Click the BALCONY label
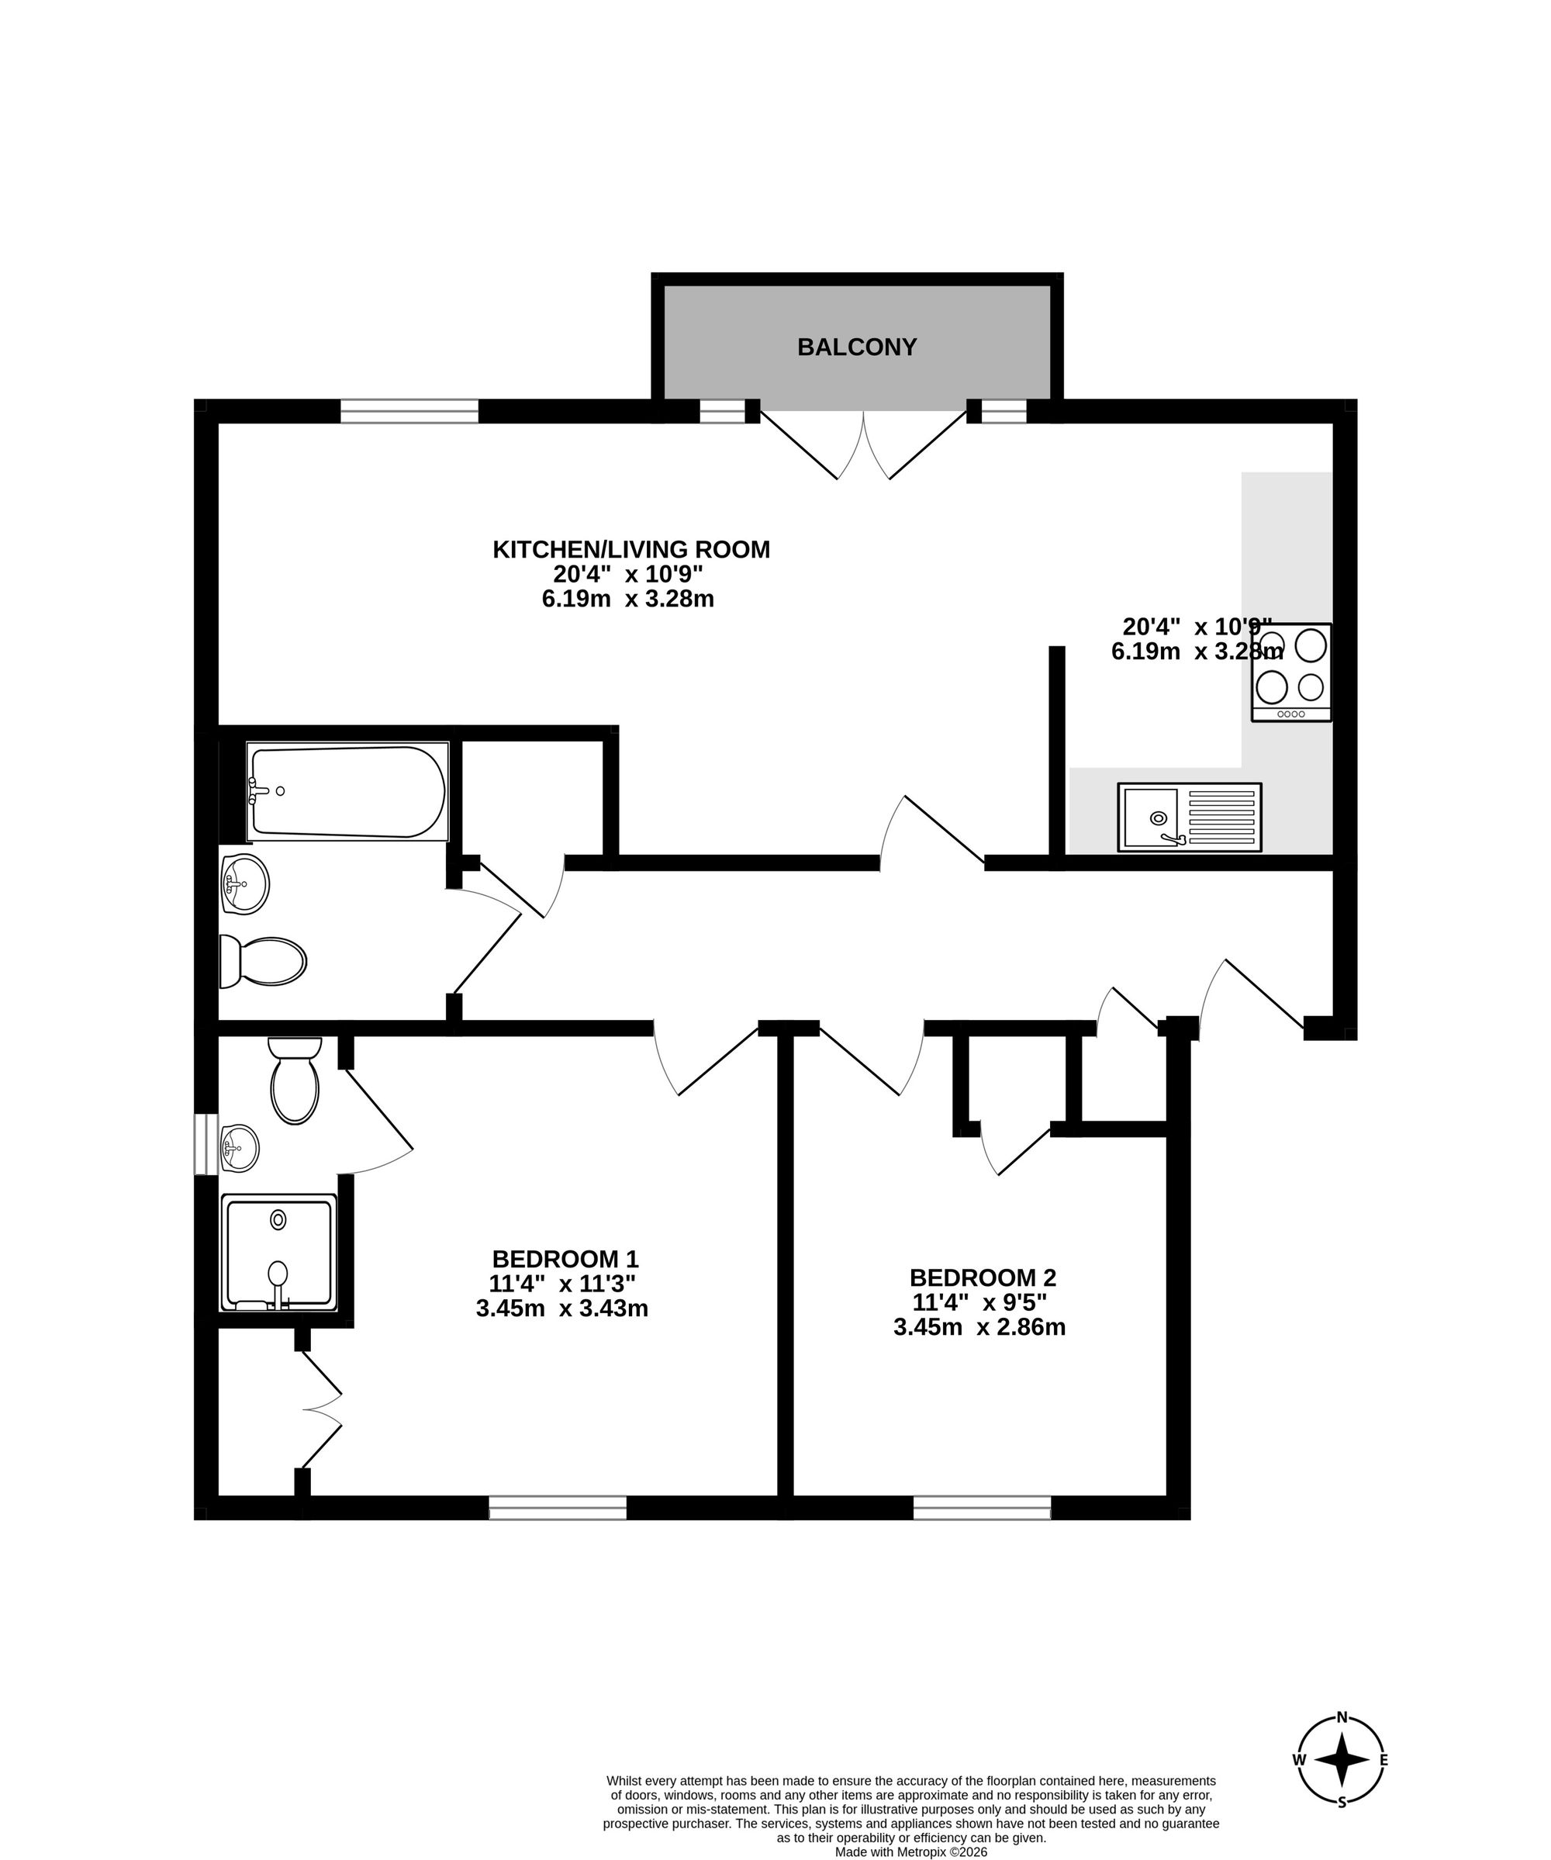tap(857, 347)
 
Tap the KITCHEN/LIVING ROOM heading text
tap(630, 550)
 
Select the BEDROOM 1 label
tap(565, 1259)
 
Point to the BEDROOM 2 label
tap(983, 1278)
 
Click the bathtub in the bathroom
tap(347, 792)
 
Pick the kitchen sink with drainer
tap(1189, 817)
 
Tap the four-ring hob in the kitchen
tap(1291, 672)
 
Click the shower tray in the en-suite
tap(279, 1253)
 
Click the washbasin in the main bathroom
tap(244, 884)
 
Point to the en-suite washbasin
tap(238, 1149)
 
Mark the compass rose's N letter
tap(1342, 1742)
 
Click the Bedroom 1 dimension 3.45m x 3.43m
tap(561, 1309)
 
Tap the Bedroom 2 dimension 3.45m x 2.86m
tap(979, 1328)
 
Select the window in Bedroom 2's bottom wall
tap(982, 1508)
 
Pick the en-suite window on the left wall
tap(206, 1143)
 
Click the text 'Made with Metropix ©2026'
tap(910, 1852)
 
